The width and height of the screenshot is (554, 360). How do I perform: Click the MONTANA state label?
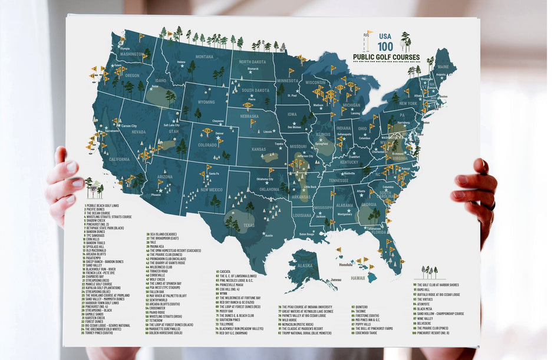coord(204,57)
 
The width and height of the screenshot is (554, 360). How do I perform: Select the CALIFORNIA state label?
coord(119,159)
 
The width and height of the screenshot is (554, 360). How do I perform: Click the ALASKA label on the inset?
coord(305,265)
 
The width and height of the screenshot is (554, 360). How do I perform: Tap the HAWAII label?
coord(358,278)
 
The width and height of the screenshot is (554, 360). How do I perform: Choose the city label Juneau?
coord(336,279)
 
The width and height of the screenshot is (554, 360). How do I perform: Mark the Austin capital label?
coord(269,236)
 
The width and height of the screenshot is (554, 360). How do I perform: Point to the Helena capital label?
coord(182,62)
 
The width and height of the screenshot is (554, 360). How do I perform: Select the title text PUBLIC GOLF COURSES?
coord(386,57)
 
